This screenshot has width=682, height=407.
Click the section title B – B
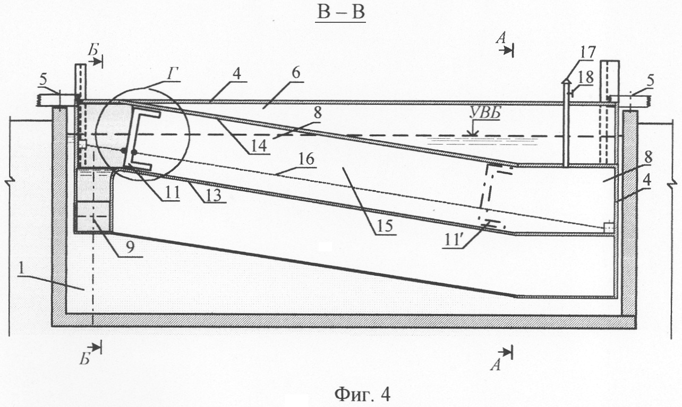340,13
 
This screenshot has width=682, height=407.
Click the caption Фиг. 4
362,394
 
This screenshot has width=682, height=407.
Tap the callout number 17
587,53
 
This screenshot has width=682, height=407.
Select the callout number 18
585,77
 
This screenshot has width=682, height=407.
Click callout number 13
214,195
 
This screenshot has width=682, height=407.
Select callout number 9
130,248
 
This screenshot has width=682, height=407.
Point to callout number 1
21,269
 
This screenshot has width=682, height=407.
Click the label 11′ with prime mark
453,240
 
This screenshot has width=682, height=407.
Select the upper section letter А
501,38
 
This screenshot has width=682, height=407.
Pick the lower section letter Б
85,360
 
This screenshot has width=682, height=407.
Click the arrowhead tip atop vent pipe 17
566,78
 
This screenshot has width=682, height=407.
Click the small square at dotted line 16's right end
608,227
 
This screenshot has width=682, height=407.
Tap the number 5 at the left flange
44,80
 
